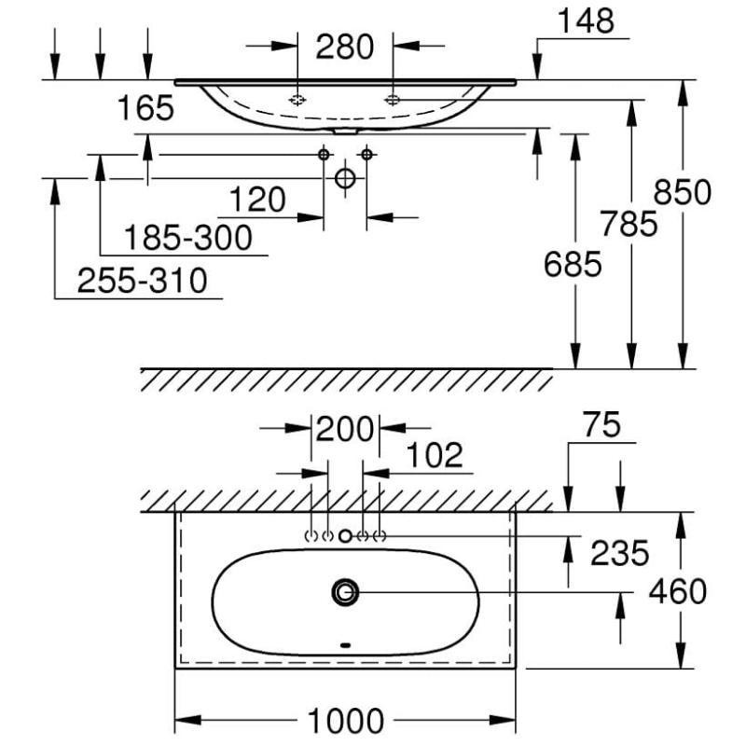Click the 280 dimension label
(345, 47)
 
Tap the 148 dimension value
(586, 21)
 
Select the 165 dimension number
(145, 107)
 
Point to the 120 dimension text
(257, 200)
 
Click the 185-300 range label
(188, 238)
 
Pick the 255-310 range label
(143, 281)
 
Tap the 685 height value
(573, 265)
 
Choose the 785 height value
(629, 224)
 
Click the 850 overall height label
(683, 192)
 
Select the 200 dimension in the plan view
(345, 429)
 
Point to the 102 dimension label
(435, 455)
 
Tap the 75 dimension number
(601, 424)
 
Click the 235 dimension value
(619, 553)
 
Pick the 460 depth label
(678, 591)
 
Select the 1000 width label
(346, 721)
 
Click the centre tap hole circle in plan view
(345, 536)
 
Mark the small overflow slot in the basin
(345, 645)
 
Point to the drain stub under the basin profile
(345, 131)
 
